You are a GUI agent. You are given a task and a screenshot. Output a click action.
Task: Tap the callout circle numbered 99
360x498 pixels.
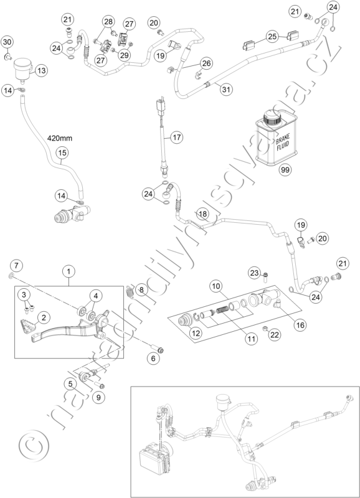tap(285, 170)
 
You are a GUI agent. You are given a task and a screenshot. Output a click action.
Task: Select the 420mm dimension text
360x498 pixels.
tap(60, 138)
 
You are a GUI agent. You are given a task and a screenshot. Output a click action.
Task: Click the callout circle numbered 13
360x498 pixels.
tap(41, 70)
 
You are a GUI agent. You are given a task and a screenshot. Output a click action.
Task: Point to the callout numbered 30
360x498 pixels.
tap(7, 42)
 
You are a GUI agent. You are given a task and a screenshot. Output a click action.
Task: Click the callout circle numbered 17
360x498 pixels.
tap(177, 138)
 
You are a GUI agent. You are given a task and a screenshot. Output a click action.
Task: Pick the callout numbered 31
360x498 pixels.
tap(226, 89)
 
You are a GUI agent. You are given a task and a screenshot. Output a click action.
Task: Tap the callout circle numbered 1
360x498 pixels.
tap(69, 271)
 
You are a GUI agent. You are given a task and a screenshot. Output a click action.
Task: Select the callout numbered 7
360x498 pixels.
tap(17, 266)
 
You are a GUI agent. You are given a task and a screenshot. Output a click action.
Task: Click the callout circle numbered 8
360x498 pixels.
tap(141, 289)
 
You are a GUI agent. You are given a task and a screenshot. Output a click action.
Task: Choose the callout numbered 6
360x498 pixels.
tap(153, 359)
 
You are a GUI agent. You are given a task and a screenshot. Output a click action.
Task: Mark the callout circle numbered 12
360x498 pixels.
tap(196, 333)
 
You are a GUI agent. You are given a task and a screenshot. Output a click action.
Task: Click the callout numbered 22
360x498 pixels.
tap(275, 334)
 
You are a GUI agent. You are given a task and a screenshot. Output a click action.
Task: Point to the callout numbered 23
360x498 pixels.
tap(255, 273)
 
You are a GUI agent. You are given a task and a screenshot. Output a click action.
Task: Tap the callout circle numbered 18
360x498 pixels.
tap(203, 214)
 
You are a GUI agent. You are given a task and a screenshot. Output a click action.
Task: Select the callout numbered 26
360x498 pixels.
tap(207, 63)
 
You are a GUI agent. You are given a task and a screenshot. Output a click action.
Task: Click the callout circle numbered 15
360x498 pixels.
tap(62, 153)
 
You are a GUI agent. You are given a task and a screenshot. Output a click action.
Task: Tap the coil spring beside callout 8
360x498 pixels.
tap(130, 291)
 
